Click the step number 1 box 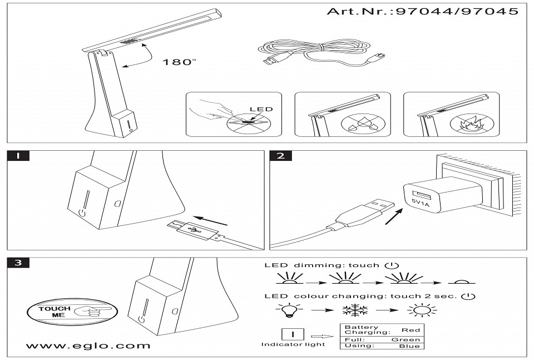pos(18,156)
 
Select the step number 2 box pos(280,156)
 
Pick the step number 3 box pos(18,263)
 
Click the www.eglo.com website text pos(88,346)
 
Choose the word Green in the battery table pos(406,339)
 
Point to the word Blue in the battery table pos(409,346)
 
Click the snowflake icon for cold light pos(354,311)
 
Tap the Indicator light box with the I pos(293,334)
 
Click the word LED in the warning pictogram pos(261,109)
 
